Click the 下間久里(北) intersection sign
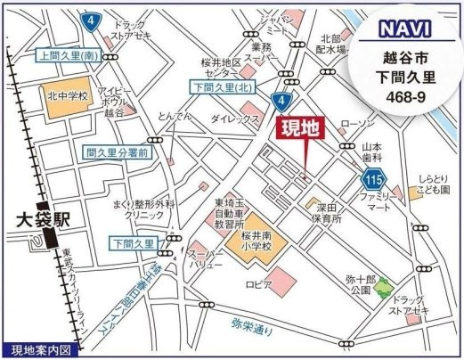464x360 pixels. pos(223,86)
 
